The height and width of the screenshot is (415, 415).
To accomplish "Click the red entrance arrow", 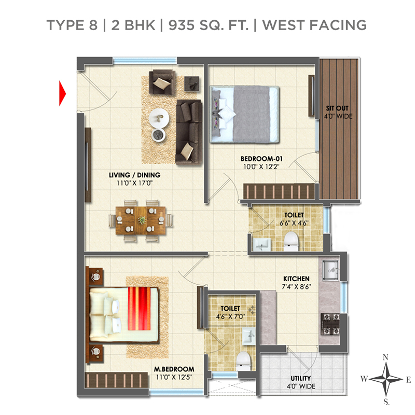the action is coord(62,93).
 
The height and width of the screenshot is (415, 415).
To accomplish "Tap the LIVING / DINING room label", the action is coord(135,175).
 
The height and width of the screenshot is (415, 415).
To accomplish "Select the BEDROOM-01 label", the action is coord(261,159).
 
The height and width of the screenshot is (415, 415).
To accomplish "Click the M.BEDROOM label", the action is coord(174,369).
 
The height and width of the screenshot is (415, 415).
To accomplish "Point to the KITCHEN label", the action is coord(296,279).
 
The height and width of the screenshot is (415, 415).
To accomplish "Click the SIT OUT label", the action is coord(337,108).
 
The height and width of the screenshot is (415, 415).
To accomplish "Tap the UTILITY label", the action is coord(301,378).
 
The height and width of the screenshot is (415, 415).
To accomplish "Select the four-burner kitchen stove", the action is coord(330,324).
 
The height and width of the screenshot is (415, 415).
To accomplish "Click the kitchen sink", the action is coord(330,270).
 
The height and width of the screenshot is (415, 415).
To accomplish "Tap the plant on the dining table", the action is coord(142,220).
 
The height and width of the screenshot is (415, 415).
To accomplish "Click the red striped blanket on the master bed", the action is coord(139,309).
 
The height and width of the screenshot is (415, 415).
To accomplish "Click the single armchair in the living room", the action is coord(162,82).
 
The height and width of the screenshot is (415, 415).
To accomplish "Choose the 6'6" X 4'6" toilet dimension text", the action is coord(294,223).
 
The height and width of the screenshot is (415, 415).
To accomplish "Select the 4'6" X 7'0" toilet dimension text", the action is coord(230,316).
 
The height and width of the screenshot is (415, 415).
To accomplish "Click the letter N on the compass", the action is coord(385,357).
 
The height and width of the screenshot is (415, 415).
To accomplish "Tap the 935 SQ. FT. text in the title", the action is coord(209,25).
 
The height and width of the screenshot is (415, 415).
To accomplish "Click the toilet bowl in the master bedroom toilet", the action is coord(243,361).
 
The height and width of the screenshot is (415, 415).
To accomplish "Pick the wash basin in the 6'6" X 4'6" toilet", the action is coord(261,244).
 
